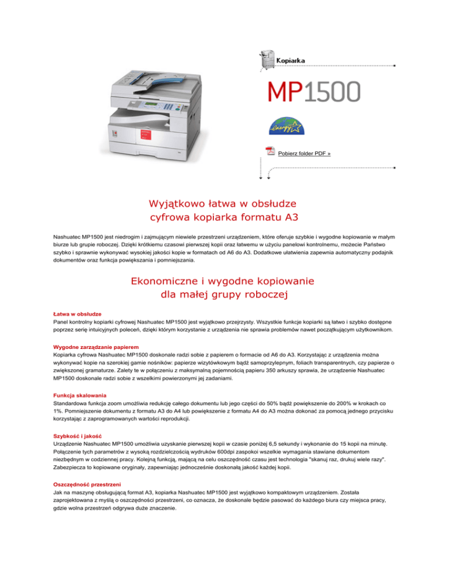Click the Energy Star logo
(x=284, y=124)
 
